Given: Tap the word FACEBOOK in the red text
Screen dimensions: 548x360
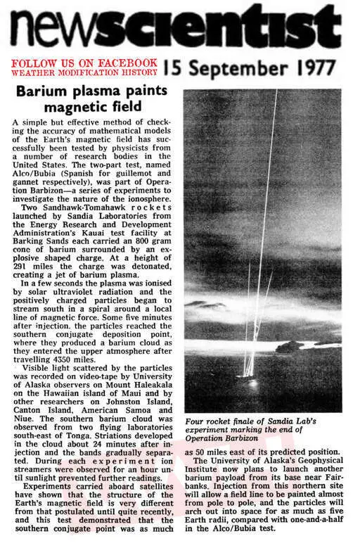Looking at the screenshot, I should (133, 62).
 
